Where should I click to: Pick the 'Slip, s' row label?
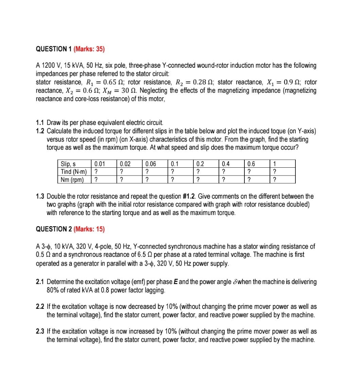[67, 163]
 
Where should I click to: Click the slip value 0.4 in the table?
[225, 163]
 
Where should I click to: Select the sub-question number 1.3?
[40, 196]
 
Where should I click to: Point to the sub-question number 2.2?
[40, 306]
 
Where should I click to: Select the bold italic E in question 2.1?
[184, 282]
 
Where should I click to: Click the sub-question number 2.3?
[40, 331]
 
